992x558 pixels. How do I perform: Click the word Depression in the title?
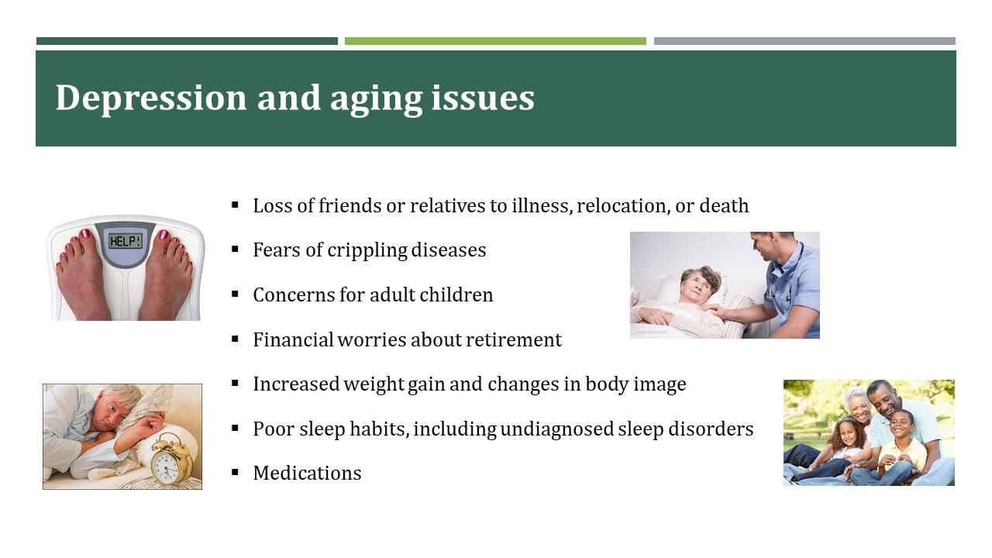151,98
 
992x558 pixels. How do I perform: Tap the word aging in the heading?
376,100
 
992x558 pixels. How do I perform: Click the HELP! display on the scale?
126,241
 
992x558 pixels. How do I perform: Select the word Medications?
307,473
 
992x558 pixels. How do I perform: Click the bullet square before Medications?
235,472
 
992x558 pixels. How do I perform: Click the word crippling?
367,250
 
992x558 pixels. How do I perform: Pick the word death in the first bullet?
724,205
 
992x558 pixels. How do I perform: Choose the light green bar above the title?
495,41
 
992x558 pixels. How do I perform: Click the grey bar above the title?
804,41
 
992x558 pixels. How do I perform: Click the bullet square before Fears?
235,249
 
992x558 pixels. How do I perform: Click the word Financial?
293,339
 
